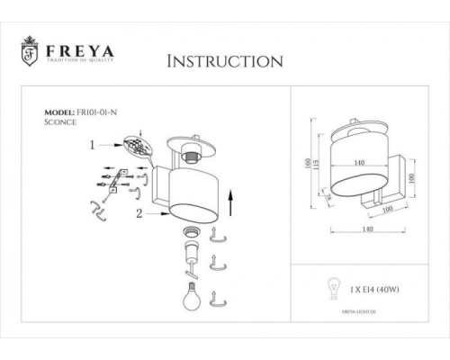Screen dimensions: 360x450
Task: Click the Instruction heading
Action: tap(226, 61)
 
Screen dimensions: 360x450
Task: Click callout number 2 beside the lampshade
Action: tap(139, 214)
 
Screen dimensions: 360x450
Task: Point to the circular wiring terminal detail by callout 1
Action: tap(134, 146)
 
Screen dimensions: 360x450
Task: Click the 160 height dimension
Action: tap(308, 164)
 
